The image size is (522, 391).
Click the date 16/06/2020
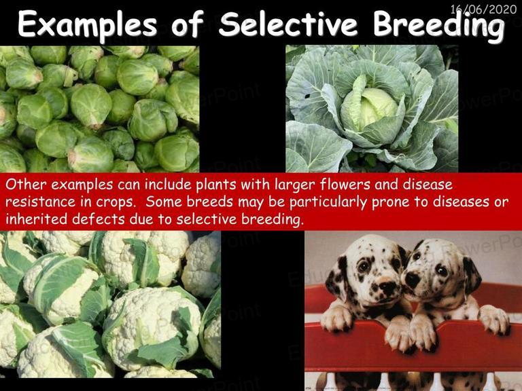[x=483, y=9]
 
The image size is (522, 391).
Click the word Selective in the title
[x=288, y=24]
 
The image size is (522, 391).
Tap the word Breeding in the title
[x=438, y=26]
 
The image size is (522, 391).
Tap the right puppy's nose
[x=411, y=280]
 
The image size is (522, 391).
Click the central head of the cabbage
[x=372, y=108]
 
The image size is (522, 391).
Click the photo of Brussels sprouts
[x=99, y=109]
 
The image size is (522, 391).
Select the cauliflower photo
[x=110, y=304]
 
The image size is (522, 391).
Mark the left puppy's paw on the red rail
[x=337, y=319]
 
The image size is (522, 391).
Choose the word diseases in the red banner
[x=461, y=202]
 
